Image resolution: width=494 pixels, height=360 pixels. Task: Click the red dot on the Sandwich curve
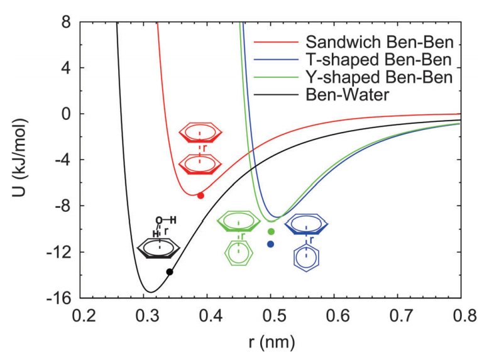coord(200,195)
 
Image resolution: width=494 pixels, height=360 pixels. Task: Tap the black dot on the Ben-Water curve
coord(170,272)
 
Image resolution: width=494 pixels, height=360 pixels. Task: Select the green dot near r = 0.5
coord(271,232)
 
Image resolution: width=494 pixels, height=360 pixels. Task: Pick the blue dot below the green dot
coord(270,244)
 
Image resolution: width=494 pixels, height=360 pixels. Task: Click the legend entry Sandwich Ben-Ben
coord(379,43)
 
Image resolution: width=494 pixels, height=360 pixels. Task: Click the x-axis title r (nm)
coord(272,342)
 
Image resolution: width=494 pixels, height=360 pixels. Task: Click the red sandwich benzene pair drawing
coord(200,149)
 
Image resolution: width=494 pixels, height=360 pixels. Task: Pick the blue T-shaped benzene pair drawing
coord(307,239)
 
